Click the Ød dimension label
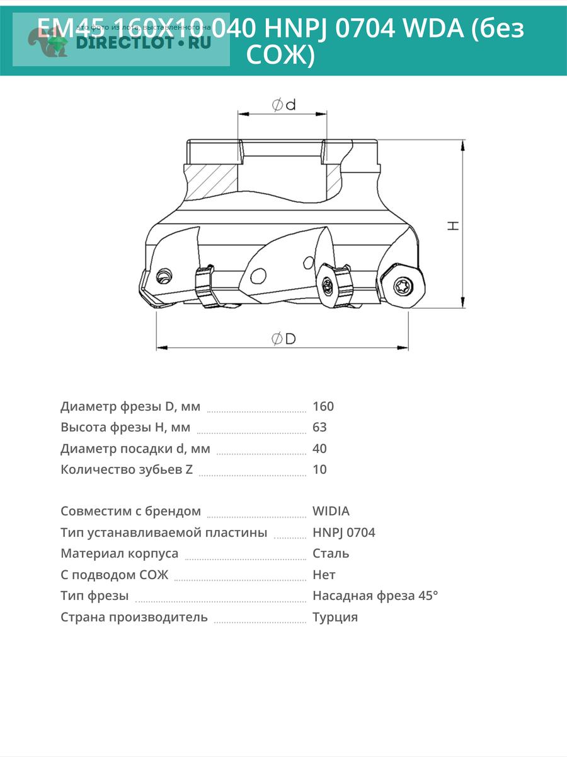(283, 105)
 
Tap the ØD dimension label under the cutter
(283, 339)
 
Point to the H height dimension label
(453, 225)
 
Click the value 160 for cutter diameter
(323, 406)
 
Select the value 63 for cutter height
(319, 427)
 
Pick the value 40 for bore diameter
(319, 449)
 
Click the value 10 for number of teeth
(319, 469)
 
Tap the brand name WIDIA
(331, 511)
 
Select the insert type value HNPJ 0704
(343, 532)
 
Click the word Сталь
(331, 553)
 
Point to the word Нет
(324, 575)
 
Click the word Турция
(335, 617)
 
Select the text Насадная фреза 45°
(375, 596)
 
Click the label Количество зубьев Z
(127, 469)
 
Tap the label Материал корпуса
(120, 553)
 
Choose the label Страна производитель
(134, 617)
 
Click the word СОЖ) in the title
(279, 56)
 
